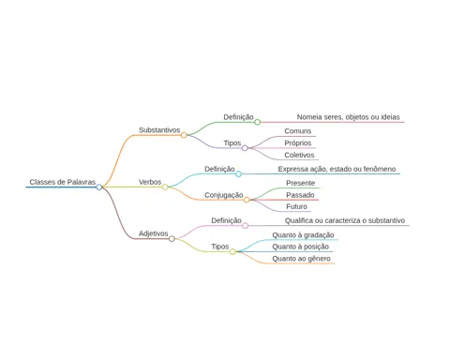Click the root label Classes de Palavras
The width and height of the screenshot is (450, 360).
[63, 182]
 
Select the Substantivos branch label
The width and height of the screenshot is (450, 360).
[159, 130]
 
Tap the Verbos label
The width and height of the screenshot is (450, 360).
[150, 182]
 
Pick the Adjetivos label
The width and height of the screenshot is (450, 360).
[154, 233]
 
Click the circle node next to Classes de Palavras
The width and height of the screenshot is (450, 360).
[99, 187]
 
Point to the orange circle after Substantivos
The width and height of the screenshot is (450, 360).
[184, 135]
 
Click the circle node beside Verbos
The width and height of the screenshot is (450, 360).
[165, 187]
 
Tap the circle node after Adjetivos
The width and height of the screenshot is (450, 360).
[172, 239]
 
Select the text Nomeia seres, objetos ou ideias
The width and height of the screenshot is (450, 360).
[348, 117]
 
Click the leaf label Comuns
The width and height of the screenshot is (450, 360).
[298, 131]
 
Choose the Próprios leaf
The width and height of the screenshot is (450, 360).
[298, 143]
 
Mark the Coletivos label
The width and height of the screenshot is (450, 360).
[299, 155]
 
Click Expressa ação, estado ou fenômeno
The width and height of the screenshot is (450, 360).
[337, 169]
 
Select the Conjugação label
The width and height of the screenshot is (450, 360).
[224, 195]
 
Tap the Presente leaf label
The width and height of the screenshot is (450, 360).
[301, 183]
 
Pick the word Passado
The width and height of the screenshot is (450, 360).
[300, 195]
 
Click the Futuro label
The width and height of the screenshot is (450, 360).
[296, 206]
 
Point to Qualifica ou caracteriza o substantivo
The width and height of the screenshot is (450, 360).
[345, 220]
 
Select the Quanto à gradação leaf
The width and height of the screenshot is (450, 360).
[303, 235]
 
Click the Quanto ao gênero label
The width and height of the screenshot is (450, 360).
[301, 259]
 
